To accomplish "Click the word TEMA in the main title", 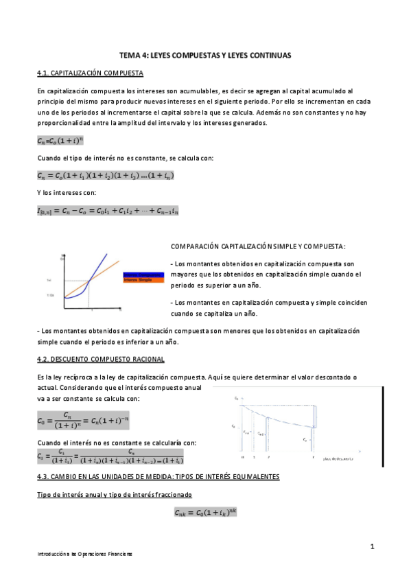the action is pyautogui.click(x=130, y=55).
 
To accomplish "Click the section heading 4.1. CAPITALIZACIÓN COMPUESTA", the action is pyautogui.click(x=90, y=73).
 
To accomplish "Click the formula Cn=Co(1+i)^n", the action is pyautogui.click(x=60, y=141).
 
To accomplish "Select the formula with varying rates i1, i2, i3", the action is pyautogui.click(x=106, y=176).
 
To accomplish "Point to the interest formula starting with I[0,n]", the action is pyautogui.click(x=108, y=211).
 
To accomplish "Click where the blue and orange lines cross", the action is pyautogui.click(x=91, y=280).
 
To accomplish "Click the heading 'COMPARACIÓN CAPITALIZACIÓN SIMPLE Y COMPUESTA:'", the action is pyautogui.click(x=257, y=246).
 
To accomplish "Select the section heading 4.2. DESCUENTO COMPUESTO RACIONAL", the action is pyautogui.click(x=100, y=360).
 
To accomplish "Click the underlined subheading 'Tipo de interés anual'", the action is pyautogui.click(x=114, y=494).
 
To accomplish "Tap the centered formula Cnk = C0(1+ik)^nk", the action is pyautogui.click(x=206, y=512).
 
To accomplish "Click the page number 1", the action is pyautogui.click(x=372, y=546).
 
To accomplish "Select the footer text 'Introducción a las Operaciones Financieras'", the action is pyautogui.click(x=84, y=553).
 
